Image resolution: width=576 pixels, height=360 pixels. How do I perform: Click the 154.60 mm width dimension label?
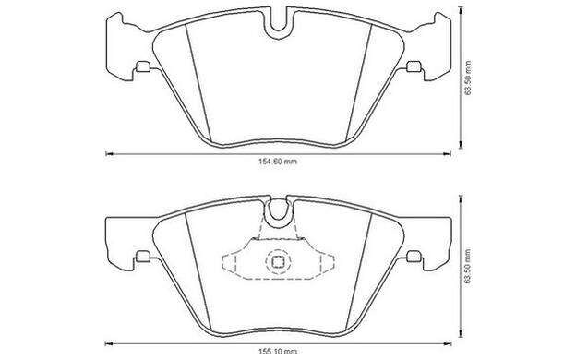278,162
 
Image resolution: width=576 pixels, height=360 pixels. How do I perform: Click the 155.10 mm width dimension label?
278,352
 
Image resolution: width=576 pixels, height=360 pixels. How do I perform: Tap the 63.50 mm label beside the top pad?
467,78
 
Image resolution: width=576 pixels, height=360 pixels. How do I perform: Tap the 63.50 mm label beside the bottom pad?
467,267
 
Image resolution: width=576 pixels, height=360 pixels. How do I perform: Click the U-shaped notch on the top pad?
278,30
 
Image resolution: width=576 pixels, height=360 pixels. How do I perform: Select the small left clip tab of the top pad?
143,66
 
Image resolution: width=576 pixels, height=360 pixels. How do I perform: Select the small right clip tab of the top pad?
414,66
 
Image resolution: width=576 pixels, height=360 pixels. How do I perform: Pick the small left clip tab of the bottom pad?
143,257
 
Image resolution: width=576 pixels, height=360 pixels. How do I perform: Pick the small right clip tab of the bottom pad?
414,257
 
